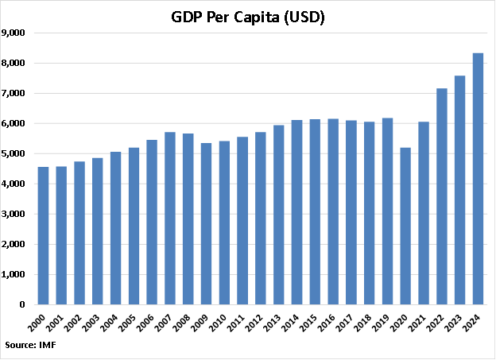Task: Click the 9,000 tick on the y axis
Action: tap(16, 33)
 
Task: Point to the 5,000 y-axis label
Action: tap(16, 153)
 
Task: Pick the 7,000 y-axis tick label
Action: tap(16, 93)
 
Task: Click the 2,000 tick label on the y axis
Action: tap(16, 244)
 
